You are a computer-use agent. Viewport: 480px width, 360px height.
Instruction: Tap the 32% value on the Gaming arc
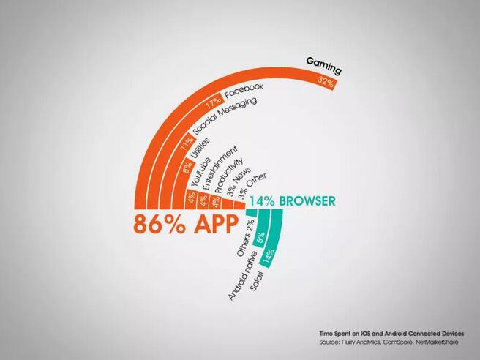click(326, 82)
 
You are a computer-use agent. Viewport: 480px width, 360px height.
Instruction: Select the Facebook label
click(244, 91)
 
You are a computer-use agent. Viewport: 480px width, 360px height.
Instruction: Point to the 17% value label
click(214, 102)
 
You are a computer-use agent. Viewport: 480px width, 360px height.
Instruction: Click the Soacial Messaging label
click(225, 116)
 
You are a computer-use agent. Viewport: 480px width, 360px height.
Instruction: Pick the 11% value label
click(187, 143)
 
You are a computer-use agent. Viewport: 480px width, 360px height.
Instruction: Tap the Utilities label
click(200, 149)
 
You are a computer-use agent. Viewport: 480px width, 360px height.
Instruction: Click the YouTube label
click(200, 172)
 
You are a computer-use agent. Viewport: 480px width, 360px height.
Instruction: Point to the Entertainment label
click(220, 168)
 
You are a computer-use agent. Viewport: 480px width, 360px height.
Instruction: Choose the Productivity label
click(229, 176)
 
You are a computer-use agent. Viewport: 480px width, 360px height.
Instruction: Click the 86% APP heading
click(186, 224)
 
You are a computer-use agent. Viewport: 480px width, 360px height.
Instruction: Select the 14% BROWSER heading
click(293, 201)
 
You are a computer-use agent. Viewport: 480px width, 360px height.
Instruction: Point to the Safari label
click(257, 281)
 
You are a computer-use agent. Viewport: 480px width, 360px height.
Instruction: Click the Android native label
click(242, 275)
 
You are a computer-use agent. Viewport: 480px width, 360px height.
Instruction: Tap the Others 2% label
click(246, 238)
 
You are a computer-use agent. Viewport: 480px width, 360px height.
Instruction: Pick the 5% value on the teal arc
click(260, 238)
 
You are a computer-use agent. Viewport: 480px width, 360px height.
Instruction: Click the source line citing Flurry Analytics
click(389, 342)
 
